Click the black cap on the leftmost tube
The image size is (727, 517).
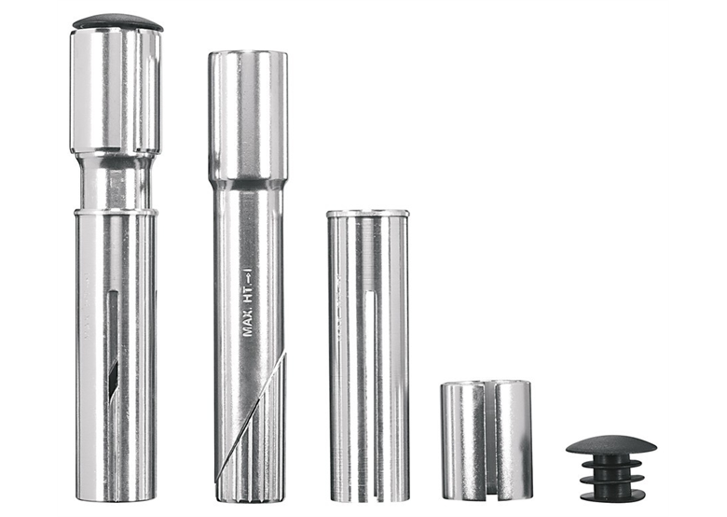pyautogui.click(x=117, y=21)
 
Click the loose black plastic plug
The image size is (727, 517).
pyautogui.click(x=611, y=468)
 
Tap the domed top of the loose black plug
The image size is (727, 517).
pyautogui.click(x=611, y=444)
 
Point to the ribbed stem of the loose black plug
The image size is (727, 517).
pyautogui.click(x=611, y=478)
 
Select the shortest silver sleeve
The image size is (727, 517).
pyautogui.click(x=486, y=441)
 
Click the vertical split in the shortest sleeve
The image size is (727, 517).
pyautogui.click(x=487, y=441)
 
